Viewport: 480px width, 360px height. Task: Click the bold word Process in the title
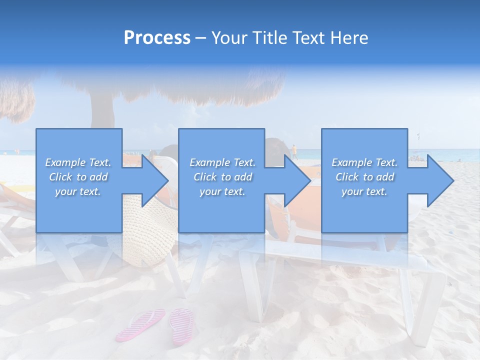click(x=157, y=37)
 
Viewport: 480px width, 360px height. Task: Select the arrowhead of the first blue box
click(x=155, y=180)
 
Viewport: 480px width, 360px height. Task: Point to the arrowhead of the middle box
click(x=297, y=180)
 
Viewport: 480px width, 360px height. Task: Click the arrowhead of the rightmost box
click(x=440, y=180)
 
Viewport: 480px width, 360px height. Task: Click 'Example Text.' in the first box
click(x=78, y=162)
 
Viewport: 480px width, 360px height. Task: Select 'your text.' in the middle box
click(x=222, y=191)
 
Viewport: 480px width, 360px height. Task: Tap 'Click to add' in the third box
click(x=364, y=177)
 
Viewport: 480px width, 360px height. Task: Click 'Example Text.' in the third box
click(x=364, y=162)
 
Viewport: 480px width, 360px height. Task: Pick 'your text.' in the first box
click(x=78, y=191)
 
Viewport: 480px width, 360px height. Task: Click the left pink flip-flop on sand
click(x=140, y=324)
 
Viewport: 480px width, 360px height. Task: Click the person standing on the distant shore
click(x=294, y=151)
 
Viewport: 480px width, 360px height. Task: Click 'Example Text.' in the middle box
click(x=222, y=162)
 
